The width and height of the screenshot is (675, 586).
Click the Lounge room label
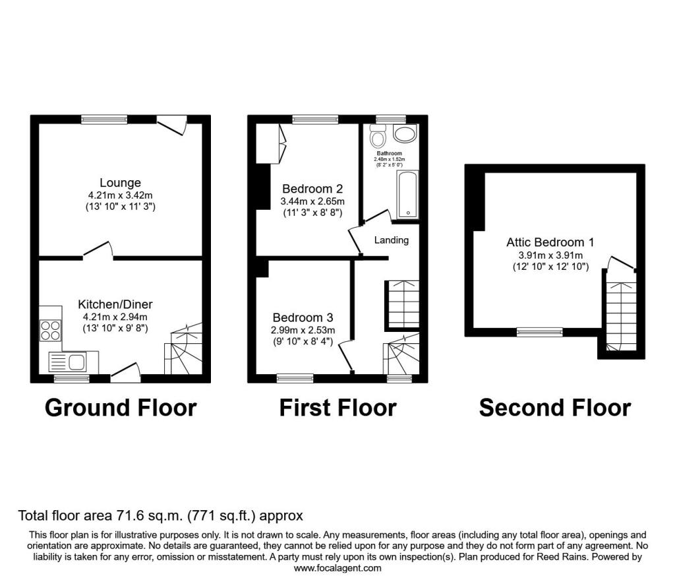120,183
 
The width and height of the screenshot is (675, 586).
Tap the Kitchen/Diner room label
115,304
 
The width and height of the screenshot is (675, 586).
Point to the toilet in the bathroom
378,138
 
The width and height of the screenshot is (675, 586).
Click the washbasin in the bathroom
403,134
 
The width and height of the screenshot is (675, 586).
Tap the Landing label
392,240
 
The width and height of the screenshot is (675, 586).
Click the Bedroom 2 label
313,188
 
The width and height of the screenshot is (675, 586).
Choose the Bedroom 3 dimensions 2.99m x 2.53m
303,330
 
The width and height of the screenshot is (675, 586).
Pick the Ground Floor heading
121,408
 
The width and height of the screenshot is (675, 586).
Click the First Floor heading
337,408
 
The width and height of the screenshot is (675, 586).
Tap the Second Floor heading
554,408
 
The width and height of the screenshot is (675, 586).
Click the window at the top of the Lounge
104,119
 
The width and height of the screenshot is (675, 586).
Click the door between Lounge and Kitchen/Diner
98,251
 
